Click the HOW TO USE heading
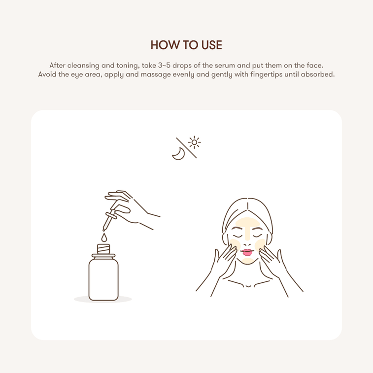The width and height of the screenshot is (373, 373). [186, 45]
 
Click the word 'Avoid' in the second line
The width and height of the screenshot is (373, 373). [48, 74]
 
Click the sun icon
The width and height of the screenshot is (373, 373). [195, 142]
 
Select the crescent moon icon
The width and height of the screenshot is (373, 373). [178, 154]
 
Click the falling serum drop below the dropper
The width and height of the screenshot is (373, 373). [103, 237]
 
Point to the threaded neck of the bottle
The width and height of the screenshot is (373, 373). [103, 249]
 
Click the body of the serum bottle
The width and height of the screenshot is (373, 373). [103, 278]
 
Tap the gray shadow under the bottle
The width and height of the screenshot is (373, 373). [103, 299]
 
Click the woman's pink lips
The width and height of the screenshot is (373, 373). [247, 253]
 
